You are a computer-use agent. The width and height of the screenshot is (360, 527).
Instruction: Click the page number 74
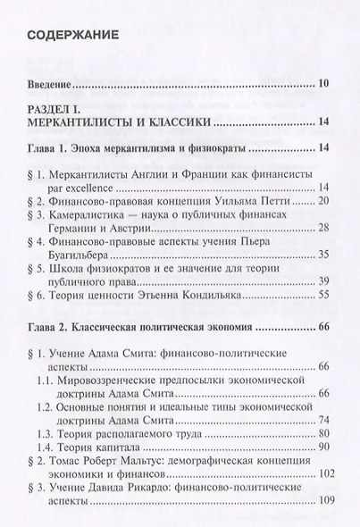pyautogui.click(x=324, y=421)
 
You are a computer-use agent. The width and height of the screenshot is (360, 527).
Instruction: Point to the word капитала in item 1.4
pyautogui.click(x=121, y=446)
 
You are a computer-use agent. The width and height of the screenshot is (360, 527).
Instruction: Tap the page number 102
pyautogui.click(x=322, y=477)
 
